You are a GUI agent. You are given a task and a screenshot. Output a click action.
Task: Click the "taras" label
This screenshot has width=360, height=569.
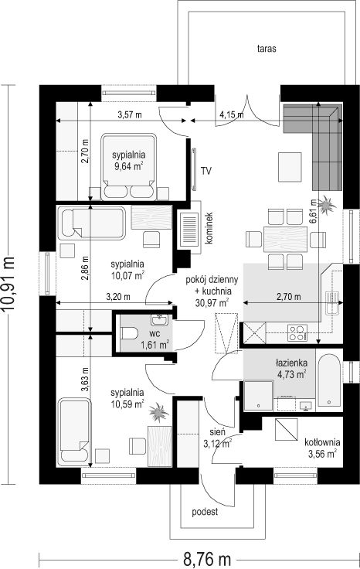[267, 49]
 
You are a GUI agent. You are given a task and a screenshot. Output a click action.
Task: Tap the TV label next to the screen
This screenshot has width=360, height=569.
[206, 171]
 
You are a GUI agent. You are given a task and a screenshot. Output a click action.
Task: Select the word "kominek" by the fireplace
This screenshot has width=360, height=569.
[209, 228]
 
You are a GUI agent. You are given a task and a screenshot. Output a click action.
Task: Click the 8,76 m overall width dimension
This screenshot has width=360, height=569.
[207, 559]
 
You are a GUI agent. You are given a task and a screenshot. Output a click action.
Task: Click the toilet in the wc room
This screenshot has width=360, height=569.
[129, 332]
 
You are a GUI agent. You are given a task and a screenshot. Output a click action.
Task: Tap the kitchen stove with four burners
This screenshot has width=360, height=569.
[297, 333]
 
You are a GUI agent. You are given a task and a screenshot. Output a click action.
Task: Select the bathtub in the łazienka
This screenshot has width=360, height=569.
[328, 380]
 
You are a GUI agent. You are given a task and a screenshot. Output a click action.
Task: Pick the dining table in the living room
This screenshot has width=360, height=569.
[285, 239]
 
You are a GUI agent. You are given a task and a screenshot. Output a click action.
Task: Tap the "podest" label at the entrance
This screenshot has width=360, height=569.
[205, 512]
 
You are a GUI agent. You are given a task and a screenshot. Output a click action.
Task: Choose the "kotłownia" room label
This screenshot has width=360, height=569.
[322, 442]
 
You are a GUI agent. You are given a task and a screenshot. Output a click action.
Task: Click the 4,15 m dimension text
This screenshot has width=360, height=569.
[231, 115]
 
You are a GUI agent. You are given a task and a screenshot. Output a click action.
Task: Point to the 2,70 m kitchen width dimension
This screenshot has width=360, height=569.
[289, 297]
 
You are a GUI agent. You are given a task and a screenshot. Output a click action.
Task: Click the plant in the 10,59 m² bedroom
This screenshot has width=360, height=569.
[158, 412]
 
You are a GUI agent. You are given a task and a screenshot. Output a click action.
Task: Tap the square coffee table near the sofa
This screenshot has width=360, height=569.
[290, 167]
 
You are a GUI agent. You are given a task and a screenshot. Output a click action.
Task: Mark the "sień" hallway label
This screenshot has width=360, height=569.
[218, 432]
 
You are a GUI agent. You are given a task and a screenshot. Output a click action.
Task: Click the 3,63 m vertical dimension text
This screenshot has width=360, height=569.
[85, 380]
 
